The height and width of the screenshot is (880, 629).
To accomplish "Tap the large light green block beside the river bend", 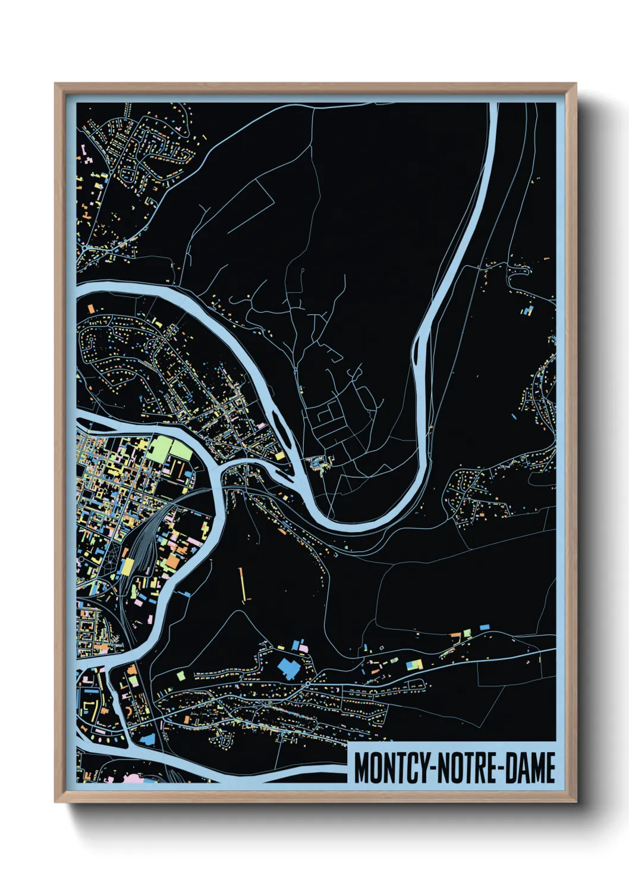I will [171, 449].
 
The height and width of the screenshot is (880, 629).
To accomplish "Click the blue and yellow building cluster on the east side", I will [528, 310].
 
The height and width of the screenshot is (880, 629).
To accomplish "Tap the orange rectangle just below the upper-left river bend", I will [91, 309].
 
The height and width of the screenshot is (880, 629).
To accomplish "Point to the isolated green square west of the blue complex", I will [181, 675].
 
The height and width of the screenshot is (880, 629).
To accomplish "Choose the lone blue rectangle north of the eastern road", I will [484, 627].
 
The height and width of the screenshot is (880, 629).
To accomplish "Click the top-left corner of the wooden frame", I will [56, 84].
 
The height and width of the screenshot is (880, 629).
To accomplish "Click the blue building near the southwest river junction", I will [147, 738].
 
